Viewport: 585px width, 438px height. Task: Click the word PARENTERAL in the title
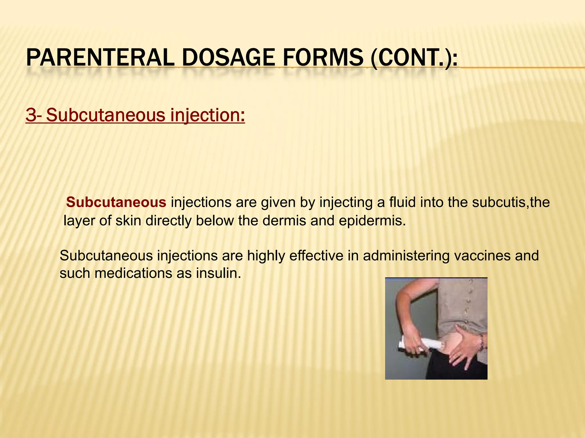(100, 58)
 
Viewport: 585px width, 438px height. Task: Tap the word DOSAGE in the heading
(228, 58)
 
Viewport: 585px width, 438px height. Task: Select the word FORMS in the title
(323, 58)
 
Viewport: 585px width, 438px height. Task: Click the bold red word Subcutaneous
(116, 202)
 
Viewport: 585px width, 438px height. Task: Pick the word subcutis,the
(511, 202)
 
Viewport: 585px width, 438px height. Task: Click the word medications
(133, 273)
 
